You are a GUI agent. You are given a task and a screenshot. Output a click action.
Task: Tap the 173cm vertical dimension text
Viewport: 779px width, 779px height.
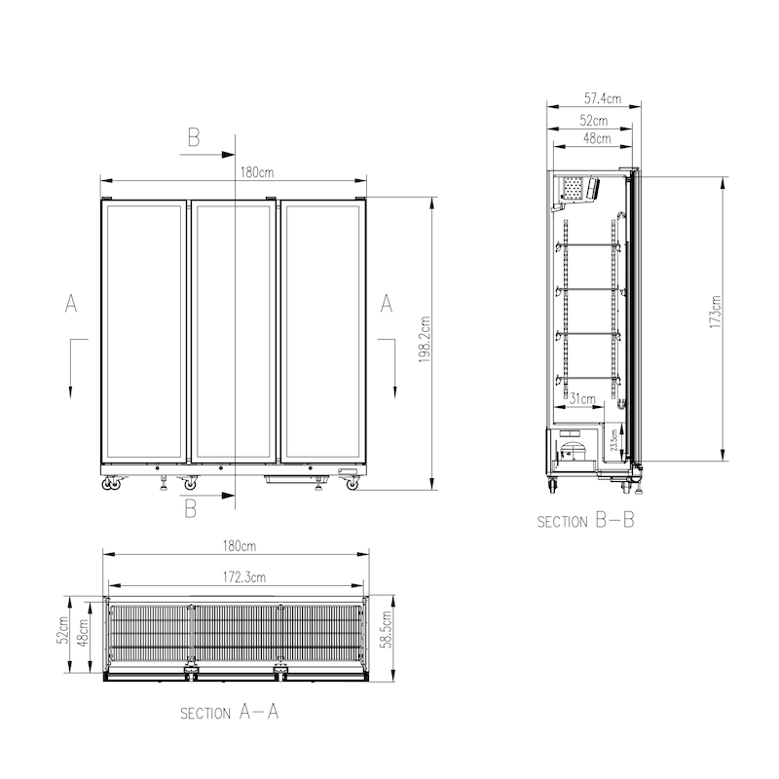716,313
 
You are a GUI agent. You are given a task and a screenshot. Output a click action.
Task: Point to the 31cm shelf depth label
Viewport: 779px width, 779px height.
582,398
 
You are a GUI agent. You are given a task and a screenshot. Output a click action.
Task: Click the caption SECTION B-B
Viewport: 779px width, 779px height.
585,521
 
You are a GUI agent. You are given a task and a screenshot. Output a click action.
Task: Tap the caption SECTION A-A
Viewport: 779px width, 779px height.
230,712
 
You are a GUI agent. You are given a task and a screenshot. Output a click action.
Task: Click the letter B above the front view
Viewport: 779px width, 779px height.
193,138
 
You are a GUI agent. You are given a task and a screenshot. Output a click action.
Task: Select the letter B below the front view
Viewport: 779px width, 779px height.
191,507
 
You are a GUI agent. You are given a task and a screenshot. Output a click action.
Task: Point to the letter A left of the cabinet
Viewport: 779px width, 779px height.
71,304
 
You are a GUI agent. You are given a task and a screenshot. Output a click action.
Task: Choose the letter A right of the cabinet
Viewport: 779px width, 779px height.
386,304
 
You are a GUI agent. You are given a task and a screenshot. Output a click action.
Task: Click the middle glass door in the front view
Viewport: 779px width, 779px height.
234,331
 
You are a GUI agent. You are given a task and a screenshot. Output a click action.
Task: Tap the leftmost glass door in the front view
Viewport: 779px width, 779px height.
144,331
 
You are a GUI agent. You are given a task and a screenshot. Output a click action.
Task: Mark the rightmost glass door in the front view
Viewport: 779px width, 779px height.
323,331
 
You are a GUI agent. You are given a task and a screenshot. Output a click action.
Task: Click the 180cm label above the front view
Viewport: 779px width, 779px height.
256,172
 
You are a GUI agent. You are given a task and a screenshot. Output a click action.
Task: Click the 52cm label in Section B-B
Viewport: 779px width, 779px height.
594,121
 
